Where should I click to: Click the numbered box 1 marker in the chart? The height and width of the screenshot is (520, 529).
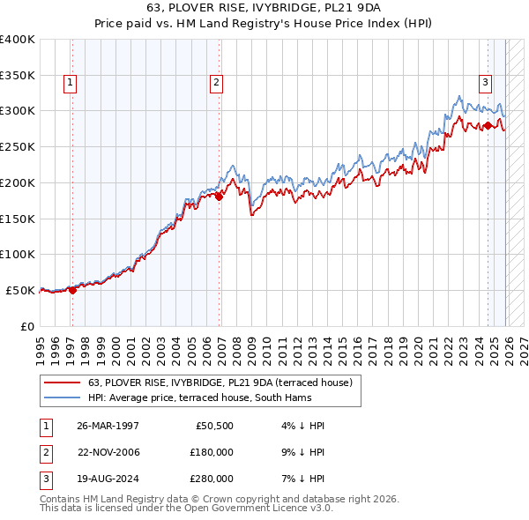point(70,84)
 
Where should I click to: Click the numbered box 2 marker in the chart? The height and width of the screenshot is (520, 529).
point(215,84)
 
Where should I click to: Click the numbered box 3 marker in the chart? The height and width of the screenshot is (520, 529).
point(485,84)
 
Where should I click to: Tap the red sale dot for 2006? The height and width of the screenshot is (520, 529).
point(220,197)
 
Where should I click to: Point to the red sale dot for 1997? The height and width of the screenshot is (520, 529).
point(73,290)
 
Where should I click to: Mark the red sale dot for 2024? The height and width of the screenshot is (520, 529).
point(488,125)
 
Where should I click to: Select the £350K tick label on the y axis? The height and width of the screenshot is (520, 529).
point(18,76)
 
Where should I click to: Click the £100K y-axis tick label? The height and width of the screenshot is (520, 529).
point(18,255)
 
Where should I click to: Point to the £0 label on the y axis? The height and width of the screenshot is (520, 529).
point(26,326)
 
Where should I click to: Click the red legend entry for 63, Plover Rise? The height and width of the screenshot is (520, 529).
point(220,383)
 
